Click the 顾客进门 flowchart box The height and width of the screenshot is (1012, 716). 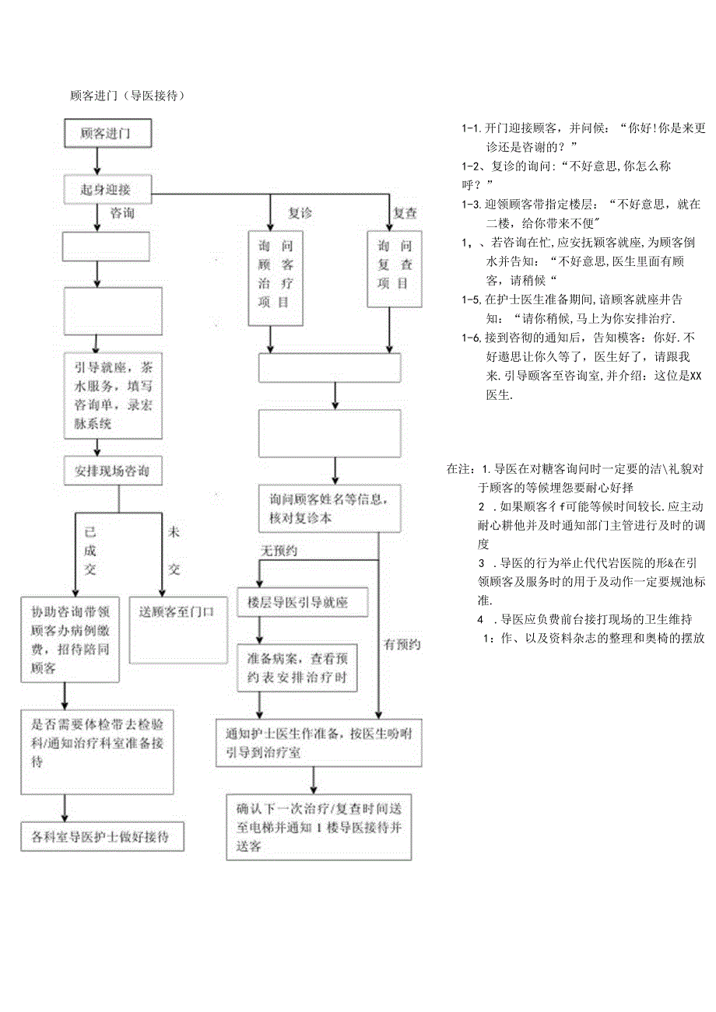point(107,134)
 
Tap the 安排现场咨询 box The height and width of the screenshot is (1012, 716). point(113,471)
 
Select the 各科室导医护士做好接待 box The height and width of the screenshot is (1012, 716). point(100,837)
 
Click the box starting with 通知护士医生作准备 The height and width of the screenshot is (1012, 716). point(319,742)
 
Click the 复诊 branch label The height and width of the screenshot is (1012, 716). point(300,212)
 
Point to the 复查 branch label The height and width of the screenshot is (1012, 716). point(405,212)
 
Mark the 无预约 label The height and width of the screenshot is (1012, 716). point(279,551)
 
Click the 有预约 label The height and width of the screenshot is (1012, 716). point(402,644)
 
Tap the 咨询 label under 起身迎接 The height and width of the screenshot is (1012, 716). point(122,212)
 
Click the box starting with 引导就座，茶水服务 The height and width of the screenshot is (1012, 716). point(113,395)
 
